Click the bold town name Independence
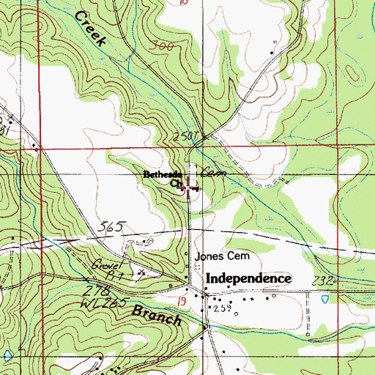pyautogui.click(x=248, y=279)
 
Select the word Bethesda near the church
pyautogui.click(x=161, y=174)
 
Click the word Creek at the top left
pyautogui.click(x=90, y=31)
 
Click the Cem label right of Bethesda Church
pyautogui.click(x=212, y=173)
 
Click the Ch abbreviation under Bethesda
pyautogui.click(x=176, y=185)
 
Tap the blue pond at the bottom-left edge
pyautogui.click(x=8, y=355)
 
